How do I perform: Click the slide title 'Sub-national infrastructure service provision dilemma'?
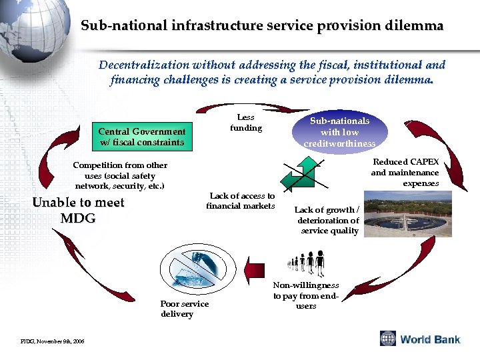(261, 26)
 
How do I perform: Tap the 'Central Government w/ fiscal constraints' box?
(142, 137)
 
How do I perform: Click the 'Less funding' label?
(246, 123)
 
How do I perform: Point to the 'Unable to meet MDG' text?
(78, 210)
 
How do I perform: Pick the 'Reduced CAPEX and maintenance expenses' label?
(405, 173)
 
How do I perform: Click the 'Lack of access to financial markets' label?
(241, 201)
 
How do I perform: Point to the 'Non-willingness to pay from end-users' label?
(306, 295)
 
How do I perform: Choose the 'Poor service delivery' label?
(184, 309)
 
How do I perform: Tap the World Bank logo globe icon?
(388, 339)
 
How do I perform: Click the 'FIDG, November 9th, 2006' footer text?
(52, 341)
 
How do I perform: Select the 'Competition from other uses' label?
(120, 175)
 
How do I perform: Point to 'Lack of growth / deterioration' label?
(327, 221)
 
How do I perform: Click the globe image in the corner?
(30, 27)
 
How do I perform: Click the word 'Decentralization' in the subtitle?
(143, 65)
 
